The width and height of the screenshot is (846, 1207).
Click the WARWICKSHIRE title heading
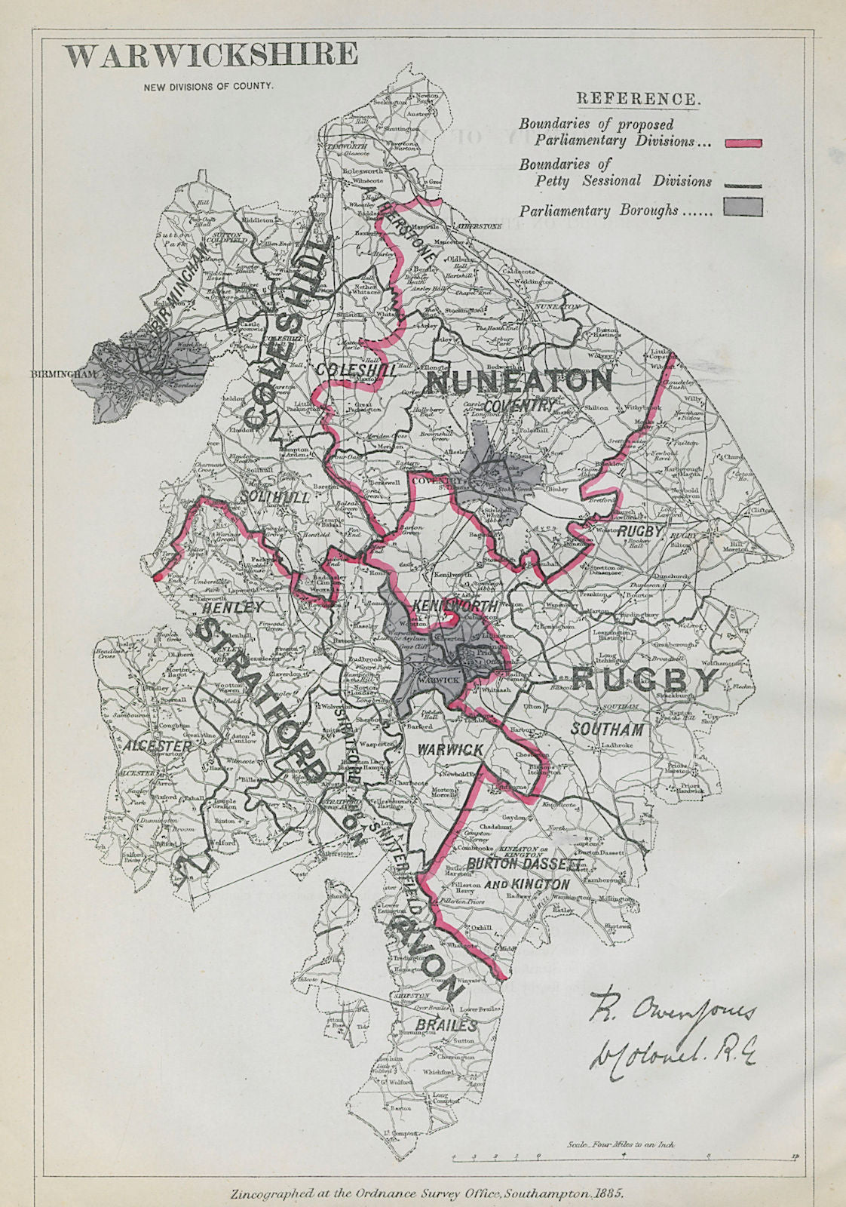tap(210, 56)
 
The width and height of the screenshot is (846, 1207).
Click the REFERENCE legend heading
tap(638, 98)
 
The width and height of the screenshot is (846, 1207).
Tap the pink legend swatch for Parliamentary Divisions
tap(743, 142)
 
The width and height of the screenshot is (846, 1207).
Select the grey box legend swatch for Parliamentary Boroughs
tap(743, 207)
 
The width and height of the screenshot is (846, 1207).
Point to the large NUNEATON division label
tap(520, 382)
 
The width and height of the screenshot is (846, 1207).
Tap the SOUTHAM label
tap(607, 729)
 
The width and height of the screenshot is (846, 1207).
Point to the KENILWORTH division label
tap(455, 606)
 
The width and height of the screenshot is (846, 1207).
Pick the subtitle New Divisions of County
tap(209, 85)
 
